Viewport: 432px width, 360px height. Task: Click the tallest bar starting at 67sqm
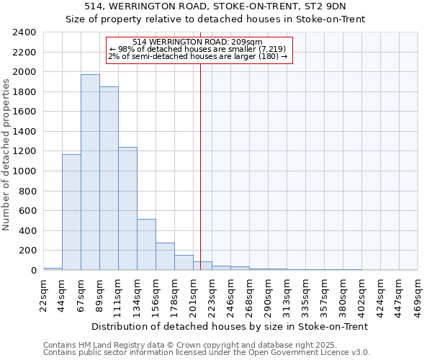click(x=90, y=173)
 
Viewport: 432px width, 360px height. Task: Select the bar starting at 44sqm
click(x=71, y=212)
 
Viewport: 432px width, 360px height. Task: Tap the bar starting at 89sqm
click(x=109, y=179)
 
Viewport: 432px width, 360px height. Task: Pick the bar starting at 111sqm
click(x=127, y=209)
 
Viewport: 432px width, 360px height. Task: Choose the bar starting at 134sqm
click(x=146, y=245)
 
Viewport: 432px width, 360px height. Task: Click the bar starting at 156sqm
click(x=165, y=256)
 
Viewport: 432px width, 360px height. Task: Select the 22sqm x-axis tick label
click(x=44, y=292)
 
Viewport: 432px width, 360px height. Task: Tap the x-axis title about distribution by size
click(x=230, y=326)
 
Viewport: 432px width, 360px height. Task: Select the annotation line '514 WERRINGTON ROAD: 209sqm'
click(x=198, y=42)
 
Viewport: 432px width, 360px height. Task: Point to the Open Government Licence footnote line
click(x=207, y=353)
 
